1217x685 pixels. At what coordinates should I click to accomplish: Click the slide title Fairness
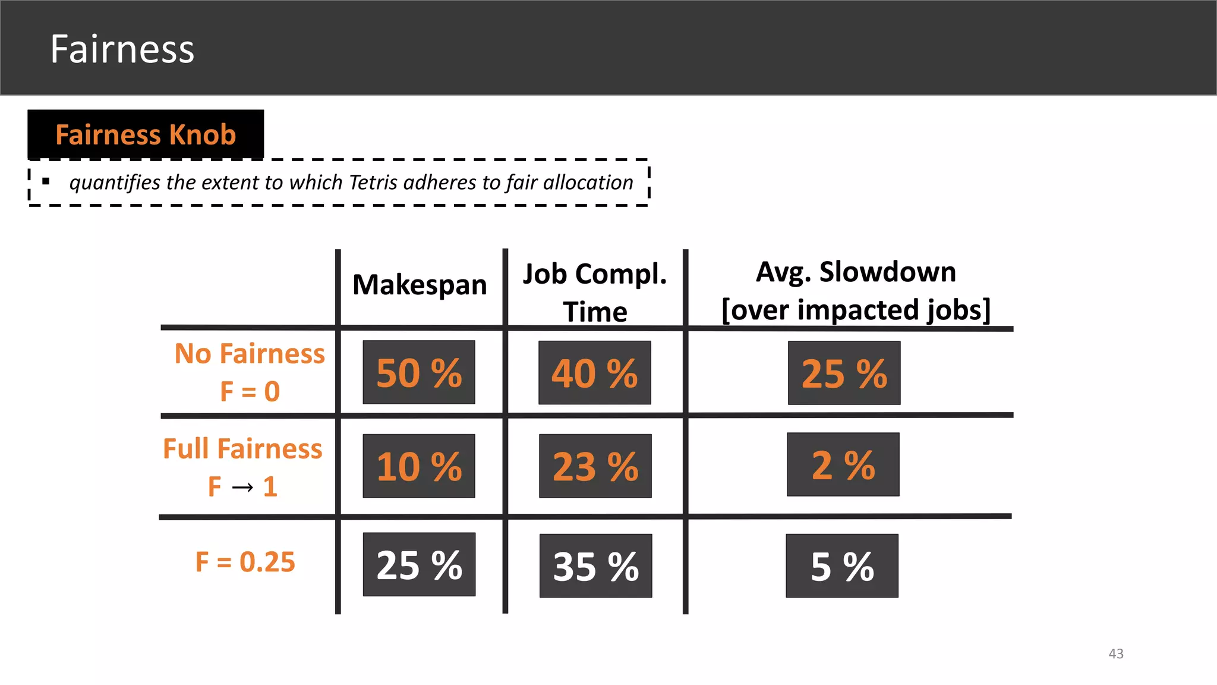[122, 49]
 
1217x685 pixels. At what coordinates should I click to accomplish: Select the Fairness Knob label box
[146, 134]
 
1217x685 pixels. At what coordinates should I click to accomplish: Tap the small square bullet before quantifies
[46, 181]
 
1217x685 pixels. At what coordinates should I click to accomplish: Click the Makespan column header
[420, 285]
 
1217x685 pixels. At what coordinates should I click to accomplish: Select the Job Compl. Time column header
[595, 292]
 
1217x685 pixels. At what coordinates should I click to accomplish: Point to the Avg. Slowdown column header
[856, 290]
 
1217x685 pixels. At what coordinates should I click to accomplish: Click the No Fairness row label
[250, 372]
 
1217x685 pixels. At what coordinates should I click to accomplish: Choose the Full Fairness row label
[242, 467]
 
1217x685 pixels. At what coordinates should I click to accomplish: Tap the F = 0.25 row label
[245, 562]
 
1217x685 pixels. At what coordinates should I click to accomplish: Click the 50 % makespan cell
[419, 373]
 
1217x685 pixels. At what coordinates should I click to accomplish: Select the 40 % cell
[595, 373]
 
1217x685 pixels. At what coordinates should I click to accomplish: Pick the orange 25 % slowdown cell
[844, 373]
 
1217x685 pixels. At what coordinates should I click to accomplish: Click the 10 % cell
[419, 466]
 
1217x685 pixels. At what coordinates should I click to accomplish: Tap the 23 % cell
[595, 466]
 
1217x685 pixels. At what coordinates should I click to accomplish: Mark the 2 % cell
[843, 465]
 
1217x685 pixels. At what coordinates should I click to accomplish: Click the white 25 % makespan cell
[419, 564]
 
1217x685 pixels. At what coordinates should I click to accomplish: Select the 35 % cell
[595, 566]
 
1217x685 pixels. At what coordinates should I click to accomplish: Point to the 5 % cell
[842, 566]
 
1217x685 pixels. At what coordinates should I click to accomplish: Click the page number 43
[1115, 653]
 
